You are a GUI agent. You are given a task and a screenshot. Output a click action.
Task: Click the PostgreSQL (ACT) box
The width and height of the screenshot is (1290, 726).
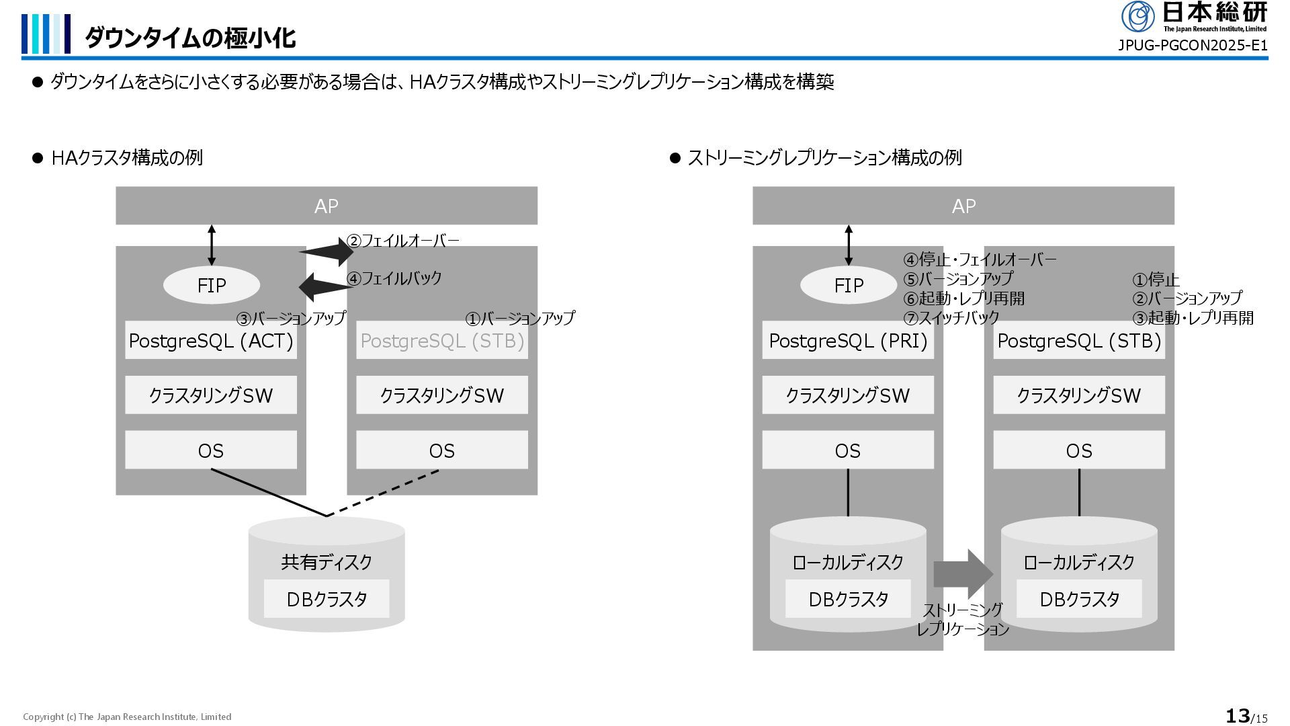coord(210,341)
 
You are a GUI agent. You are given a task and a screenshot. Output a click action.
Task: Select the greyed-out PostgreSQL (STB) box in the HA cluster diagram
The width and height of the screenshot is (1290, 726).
coord(441,341)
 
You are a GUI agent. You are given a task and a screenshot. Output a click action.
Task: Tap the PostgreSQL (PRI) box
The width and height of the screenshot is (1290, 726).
coord(847,341)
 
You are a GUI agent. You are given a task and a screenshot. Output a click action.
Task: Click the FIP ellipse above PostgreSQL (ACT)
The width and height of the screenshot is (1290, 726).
coord(211,286)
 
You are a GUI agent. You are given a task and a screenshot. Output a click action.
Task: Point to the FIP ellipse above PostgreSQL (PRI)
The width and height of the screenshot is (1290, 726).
coord(848,286)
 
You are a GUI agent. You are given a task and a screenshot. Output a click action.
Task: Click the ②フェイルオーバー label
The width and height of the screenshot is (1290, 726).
coord(402,241)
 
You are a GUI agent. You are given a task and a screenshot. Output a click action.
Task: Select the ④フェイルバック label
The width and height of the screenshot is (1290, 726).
coord(394,278)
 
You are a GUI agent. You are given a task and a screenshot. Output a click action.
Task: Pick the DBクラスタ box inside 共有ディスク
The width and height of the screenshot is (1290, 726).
coord(326,599)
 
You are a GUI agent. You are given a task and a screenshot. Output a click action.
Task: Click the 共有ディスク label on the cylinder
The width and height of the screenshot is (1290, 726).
coord(326,562)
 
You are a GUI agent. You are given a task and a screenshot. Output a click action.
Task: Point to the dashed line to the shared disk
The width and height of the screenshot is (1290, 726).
coord(383,493)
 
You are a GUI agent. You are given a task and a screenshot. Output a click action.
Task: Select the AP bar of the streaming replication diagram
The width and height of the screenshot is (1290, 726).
coord(963,206)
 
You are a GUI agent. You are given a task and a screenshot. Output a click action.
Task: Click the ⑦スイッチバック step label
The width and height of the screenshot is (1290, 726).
coord(951,318)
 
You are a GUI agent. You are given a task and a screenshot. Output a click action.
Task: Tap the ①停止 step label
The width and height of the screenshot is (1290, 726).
coord(1156,280)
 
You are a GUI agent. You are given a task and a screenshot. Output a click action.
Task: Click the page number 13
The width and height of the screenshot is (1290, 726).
coord(1238,716)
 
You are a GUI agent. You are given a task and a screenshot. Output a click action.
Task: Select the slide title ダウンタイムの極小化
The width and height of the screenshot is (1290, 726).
coord(190,38)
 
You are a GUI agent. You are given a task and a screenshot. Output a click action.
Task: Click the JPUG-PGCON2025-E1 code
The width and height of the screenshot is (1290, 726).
coord(1192,46)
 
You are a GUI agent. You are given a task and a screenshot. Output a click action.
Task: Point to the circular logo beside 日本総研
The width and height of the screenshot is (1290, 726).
coord(1137,16)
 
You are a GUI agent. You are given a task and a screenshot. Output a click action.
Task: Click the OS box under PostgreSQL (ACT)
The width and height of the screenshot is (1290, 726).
coord(210,450)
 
